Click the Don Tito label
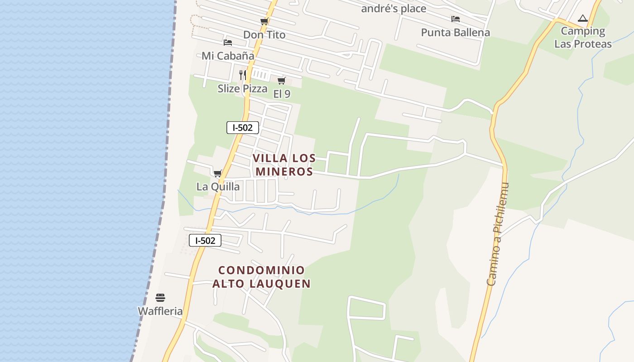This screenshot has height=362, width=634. coord(264,35)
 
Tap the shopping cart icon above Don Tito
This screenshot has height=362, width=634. coord(264,22)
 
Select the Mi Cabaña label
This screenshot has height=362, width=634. coord(228,56)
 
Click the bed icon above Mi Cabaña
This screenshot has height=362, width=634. coord(228,43)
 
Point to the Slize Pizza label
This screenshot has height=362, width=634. coord(242,88)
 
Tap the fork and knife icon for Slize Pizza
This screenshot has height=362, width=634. coord(243,75)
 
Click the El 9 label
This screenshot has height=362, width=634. coord(282,94)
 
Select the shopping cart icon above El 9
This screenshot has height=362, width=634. coord(282,81)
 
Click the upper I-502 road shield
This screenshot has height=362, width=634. coord(243,128)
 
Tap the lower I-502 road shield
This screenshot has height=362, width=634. coord(205,240)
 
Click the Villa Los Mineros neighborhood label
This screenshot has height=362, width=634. coord(284,165)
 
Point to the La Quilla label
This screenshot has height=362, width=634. coord(218,186)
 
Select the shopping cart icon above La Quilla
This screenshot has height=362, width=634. coord(218,173)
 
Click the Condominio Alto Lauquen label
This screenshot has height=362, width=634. coord(262,277)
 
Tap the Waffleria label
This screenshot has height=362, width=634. coord(160,311)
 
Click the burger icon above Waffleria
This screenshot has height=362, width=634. coord(160,298)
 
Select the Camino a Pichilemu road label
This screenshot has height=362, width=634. coord(498,234)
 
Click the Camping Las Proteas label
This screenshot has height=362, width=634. coord(583,38)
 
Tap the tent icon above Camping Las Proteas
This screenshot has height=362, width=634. coord(583,19)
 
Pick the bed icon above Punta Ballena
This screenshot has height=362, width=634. coord(456,19)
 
